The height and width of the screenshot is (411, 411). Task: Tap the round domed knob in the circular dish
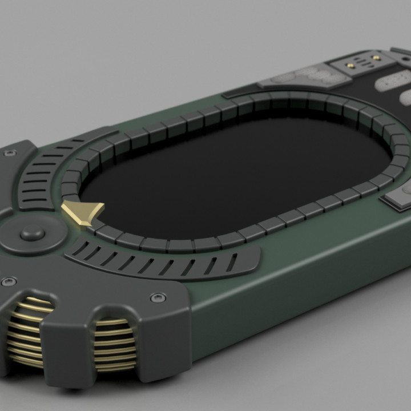(x=32, y=234)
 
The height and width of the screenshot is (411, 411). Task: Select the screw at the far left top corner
(x=9, y=154)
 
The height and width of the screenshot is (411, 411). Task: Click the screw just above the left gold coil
(x=9, y=281)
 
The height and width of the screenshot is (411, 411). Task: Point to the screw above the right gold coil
(x=158, y=297)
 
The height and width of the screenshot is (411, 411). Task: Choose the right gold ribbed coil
(x=115, y=345)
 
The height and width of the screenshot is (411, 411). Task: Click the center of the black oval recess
(x=240, y=171)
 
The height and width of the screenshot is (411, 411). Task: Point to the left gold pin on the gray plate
(x=350, y=66)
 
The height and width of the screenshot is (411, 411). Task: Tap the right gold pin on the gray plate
(x=376, y=58)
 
